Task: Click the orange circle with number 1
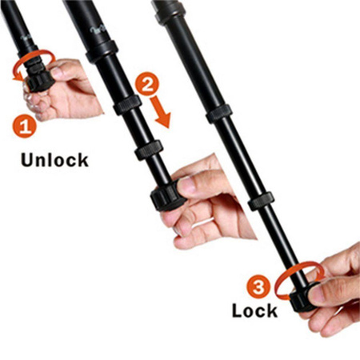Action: click(24, 126)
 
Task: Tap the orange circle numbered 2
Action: click(146, 84)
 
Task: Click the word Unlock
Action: click(54, 160)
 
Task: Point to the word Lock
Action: click(255, 310)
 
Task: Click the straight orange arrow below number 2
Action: click(161, 112)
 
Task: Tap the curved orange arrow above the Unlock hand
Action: click(34, 62)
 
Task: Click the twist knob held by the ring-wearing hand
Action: click(167, 196)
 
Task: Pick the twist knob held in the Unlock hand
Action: click(38, 81)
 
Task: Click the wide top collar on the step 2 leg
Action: click(102, 52)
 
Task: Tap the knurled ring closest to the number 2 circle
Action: click(127, 105)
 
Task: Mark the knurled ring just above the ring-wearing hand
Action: click(149, 150)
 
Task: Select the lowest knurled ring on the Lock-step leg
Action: click(261, 201)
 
